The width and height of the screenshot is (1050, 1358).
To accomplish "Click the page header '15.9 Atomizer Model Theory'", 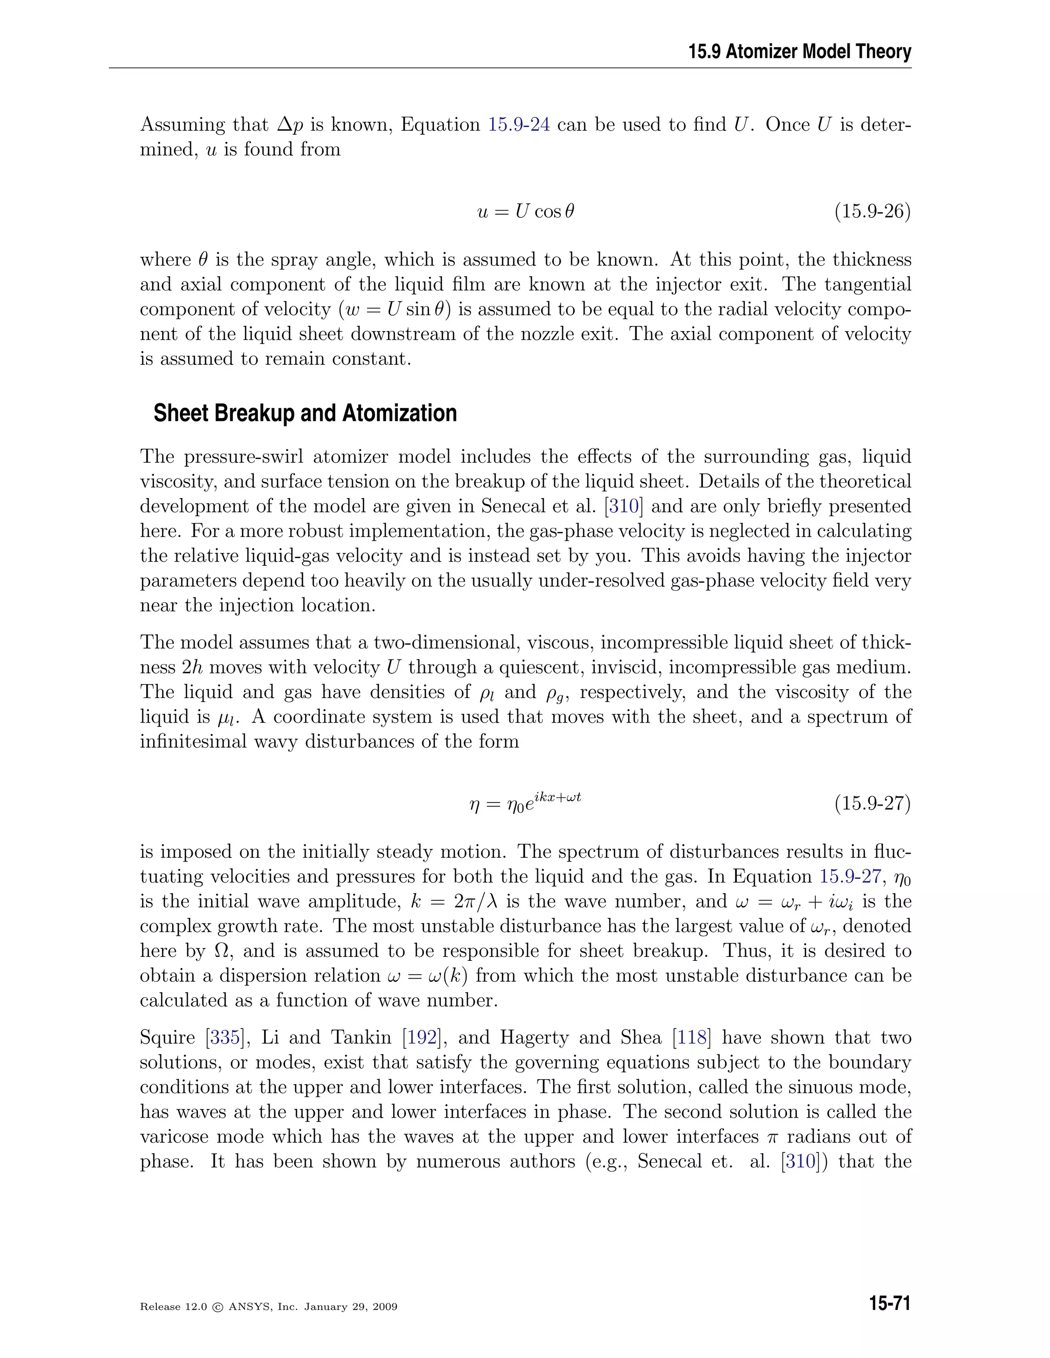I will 799,52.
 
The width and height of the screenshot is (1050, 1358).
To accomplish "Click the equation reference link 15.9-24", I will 519,125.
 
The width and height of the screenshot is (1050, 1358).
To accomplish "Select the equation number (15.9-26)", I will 872,212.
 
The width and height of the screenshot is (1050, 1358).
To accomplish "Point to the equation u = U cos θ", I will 526,212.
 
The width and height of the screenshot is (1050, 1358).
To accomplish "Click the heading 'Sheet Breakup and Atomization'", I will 305,414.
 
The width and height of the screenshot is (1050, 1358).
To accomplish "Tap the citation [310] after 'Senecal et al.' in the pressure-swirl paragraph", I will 624,506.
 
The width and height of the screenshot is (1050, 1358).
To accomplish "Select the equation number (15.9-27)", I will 872,804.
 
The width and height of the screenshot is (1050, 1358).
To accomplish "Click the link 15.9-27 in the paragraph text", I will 850,877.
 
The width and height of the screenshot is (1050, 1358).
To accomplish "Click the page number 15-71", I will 890,1304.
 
